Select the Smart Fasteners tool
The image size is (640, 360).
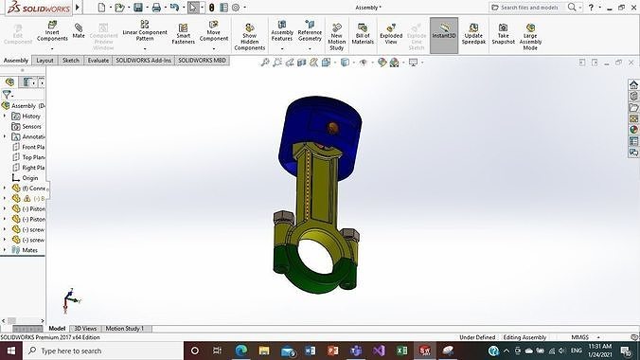(x=183, y=33)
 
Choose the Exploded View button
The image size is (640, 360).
(x=391, y=33)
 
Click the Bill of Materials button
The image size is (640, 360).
(x=363, y=33)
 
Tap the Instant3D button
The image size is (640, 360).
(x=444, y=35)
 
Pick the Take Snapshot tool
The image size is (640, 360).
(x=504, y=33)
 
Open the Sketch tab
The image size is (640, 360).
(x=71, y=61)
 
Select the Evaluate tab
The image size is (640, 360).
(x=98, y=61)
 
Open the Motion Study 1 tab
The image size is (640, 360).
(x=125, y=329)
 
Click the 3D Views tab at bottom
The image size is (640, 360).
(x=85, y=329)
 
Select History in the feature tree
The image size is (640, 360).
(x=31, y=117)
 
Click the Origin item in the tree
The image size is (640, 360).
(x=30, y=178)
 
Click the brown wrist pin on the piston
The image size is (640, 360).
(x=331, y=126)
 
